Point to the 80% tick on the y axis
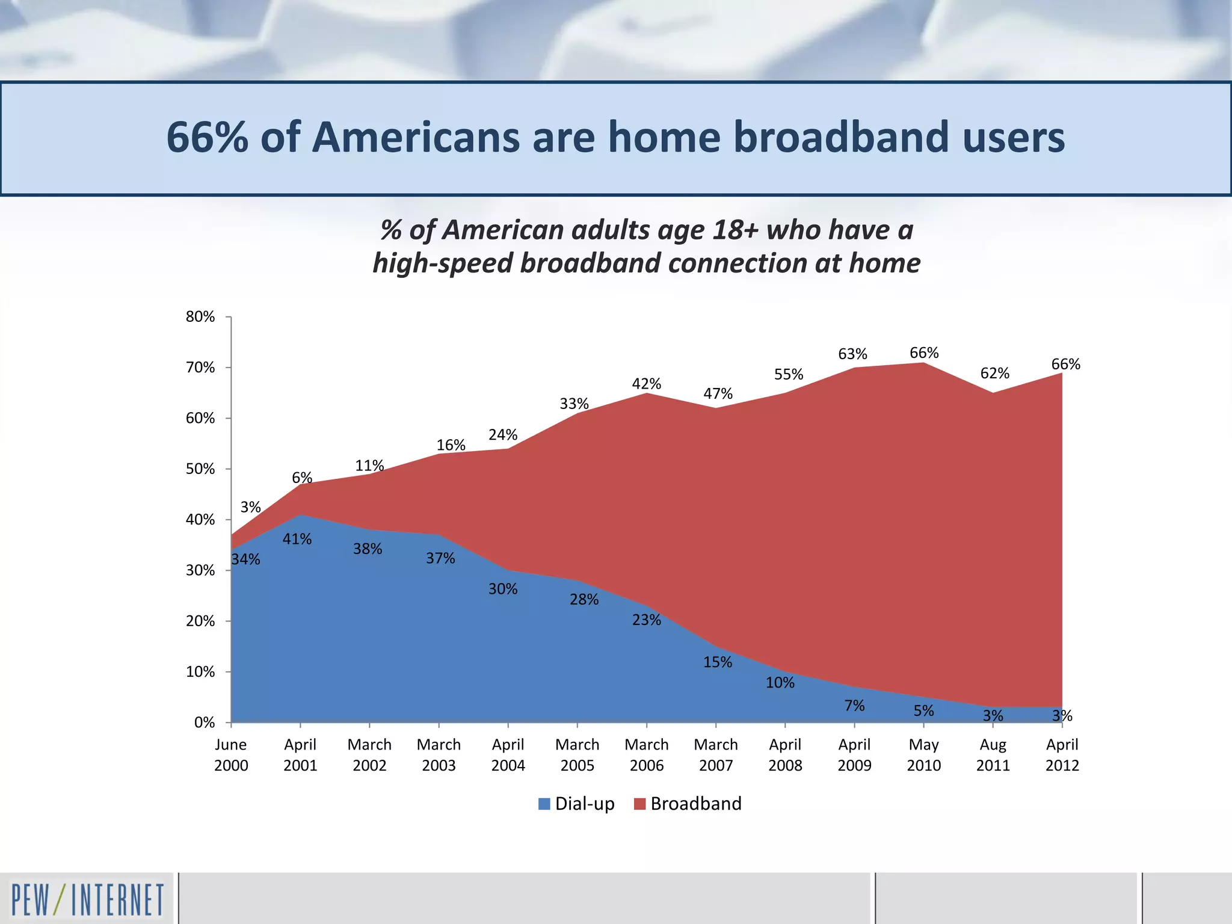(200, 316)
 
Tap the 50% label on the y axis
(200, 469)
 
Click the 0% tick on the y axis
(205, 722)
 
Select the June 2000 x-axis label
(231, 755)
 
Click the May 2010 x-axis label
(923, 755)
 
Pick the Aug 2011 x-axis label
(993, 755)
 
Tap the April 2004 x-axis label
(508, 755)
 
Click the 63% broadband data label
(852, 354)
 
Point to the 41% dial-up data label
(297, 539)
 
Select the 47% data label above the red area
(718, 393)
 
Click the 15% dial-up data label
(718, 662)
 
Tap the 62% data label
(994, 374)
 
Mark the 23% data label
(646, 620)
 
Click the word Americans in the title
(414, 137)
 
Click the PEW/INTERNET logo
(87, 899)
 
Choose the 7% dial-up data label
(854, 706)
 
